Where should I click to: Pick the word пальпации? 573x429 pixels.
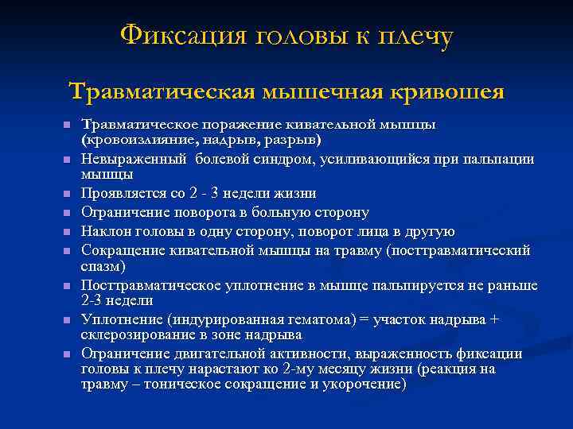pos(484,159)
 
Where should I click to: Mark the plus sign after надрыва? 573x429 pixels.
pos(495,319)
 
